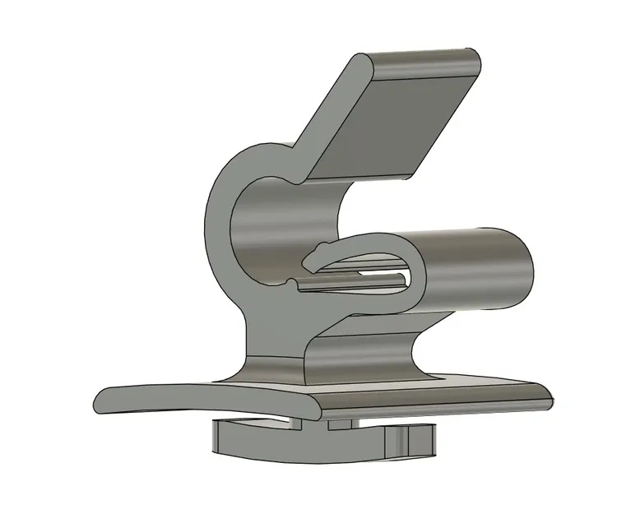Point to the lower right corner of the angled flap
411,174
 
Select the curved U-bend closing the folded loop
415,271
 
